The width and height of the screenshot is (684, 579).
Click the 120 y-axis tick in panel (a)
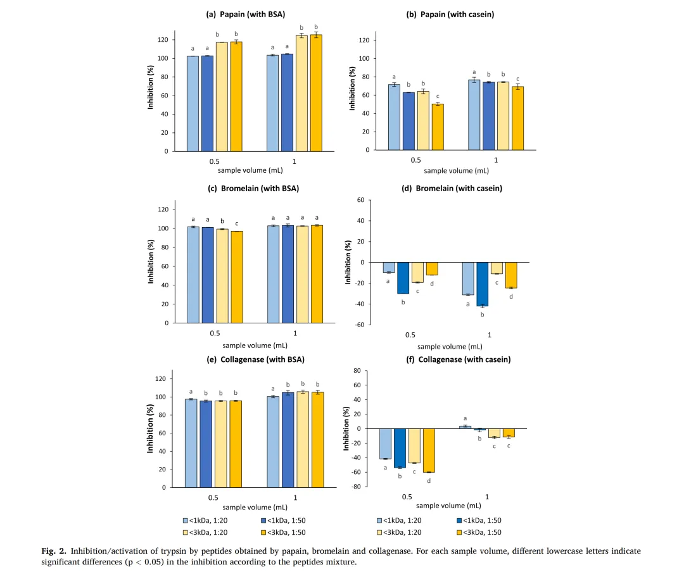point(163,40)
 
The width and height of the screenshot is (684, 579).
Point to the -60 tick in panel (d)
point(359,325)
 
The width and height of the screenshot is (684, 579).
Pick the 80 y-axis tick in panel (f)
point(356,370)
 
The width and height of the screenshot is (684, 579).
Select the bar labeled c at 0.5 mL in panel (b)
point(438,127)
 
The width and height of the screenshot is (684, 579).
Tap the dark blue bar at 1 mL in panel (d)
point(482,284)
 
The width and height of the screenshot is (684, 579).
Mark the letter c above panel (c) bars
point(237,223)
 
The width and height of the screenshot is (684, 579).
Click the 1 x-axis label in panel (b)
point(495,160)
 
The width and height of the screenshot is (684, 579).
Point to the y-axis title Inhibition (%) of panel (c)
point(151,261)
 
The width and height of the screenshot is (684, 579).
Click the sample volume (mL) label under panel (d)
point(449,346)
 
